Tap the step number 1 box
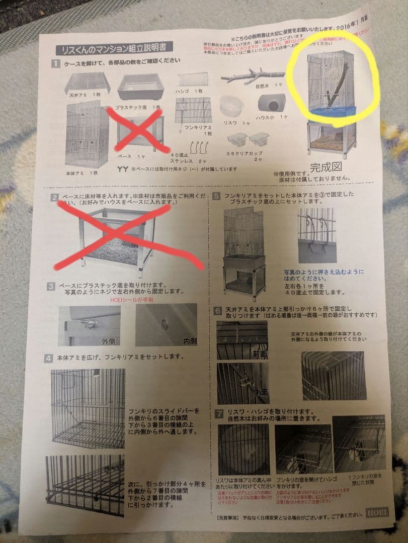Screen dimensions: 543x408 click(x=56, y=64)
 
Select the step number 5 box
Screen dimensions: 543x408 click(x=217, y=197)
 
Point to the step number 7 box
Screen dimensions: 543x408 click(x=218, y=414)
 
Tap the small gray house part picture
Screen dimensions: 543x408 click(x=272, y=103)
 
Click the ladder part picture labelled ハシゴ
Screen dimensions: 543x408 click(x=192, y=79)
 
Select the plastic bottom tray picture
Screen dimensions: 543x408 click(x=141, y=86)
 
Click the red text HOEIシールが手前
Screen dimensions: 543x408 click(x=132, y=300)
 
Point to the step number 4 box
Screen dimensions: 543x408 click(x=49, y=358)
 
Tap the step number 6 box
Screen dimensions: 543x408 click(x=218, y=311)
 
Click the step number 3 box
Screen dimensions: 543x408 click(x=51, y=287)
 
